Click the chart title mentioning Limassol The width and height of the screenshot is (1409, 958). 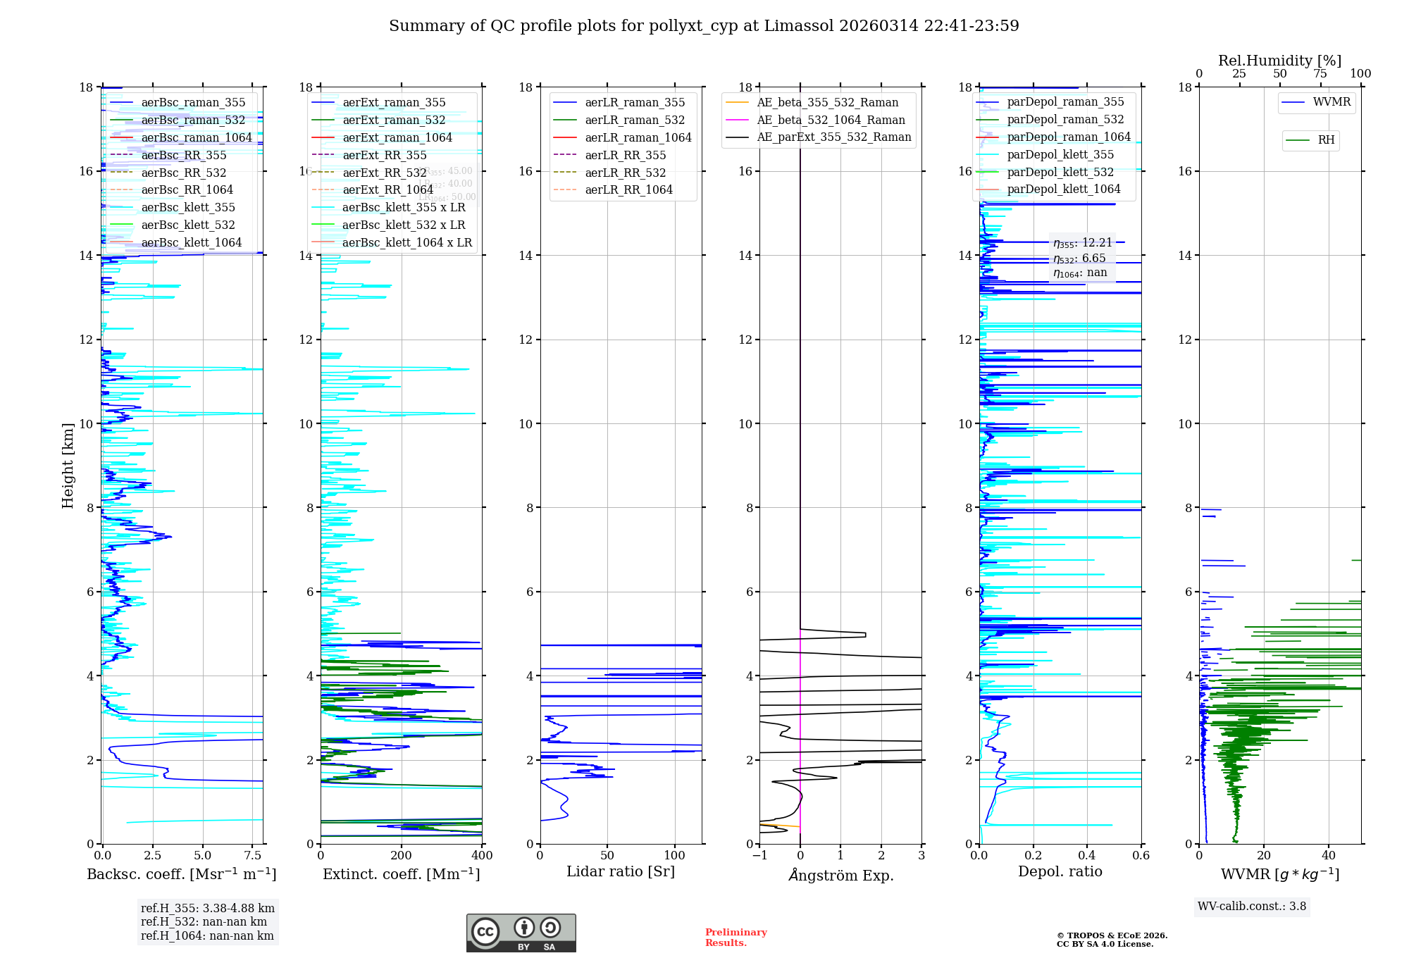coord(704,26)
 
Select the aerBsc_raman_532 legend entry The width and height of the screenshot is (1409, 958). coord(193,120)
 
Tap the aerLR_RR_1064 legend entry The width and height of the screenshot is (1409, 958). coord(628,189)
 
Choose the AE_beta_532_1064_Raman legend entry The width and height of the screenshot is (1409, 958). coord(831,120)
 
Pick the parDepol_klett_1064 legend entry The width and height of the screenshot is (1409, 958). coord(1063,189)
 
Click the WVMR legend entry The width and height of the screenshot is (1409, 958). coord(1332,102)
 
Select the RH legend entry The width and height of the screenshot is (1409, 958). coord(1326,140)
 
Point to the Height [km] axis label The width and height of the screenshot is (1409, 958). coord(68,465)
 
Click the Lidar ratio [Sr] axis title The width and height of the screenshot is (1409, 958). coord(621,871)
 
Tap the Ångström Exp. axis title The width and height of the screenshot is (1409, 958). coord(840,875)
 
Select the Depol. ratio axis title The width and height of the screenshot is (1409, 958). coord(1060,871)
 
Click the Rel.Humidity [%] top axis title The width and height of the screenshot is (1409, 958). coord(1279,61)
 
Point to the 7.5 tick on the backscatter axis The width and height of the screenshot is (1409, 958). coord(252,856)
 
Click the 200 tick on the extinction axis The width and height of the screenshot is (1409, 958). coord(401,856)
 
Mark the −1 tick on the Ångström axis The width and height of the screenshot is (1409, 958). coord(759,856)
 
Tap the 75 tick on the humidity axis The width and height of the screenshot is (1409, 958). coord(1320,74)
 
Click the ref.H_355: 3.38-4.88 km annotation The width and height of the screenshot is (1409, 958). coord(208,908)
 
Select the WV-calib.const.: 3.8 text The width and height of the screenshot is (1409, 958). coord(1252,907)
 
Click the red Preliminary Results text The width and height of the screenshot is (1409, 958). coord(735,938)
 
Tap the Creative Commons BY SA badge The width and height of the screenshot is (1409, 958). coord(521,933)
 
